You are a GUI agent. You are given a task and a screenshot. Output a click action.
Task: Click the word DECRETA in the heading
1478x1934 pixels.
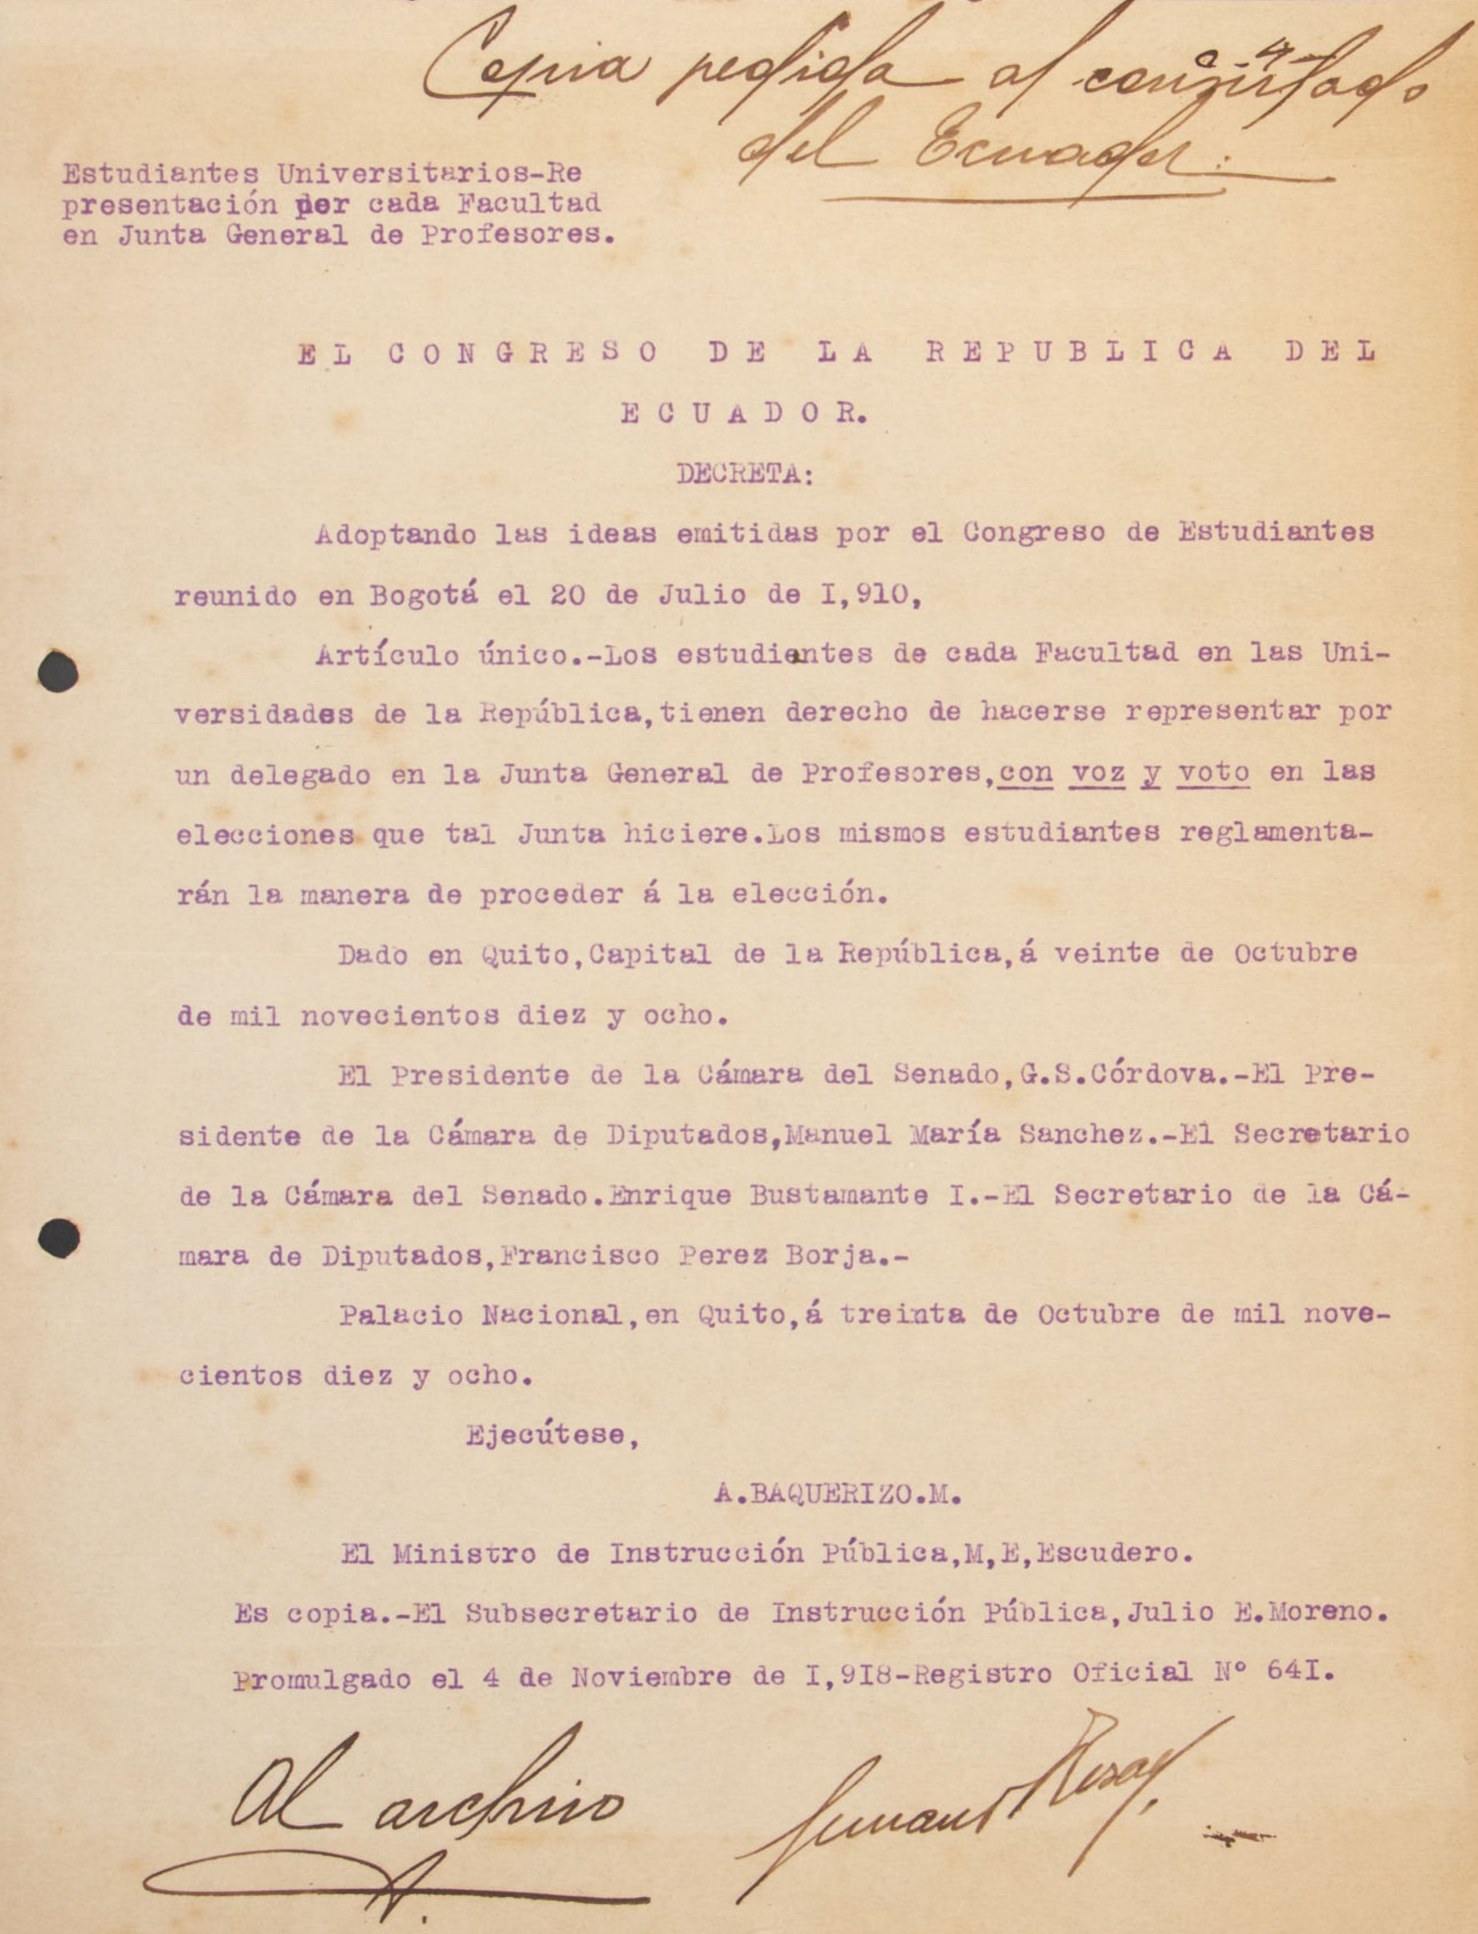(744, 474)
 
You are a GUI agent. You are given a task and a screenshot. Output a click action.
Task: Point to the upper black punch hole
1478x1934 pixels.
(58, 672)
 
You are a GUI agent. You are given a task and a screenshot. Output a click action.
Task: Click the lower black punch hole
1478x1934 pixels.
(59, 1238)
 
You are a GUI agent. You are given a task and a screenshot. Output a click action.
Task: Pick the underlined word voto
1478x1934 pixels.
(1214, 772)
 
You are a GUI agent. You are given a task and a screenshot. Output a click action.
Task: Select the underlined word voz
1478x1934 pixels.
(1098, 772)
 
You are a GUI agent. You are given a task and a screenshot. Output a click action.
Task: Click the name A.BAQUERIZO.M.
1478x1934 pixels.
(838, 1493)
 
